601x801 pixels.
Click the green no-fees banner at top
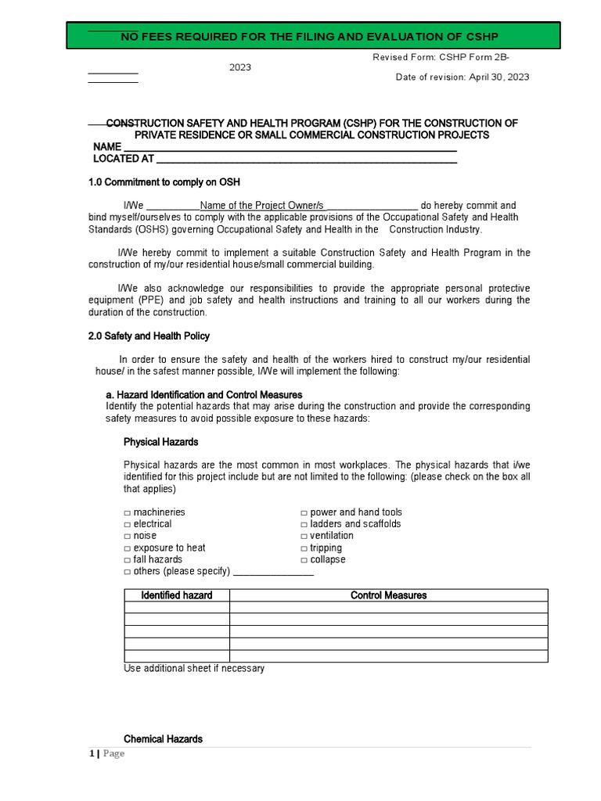click(312, 36)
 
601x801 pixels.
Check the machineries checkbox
click(127, 512)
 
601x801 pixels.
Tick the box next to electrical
click(127, 524)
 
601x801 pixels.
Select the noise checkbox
click(127, 536)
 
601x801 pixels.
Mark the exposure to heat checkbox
click(127, 548)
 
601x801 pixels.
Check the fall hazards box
click(127, 560)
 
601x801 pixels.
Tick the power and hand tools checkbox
click(304, 512)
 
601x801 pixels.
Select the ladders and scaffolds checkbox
click(304, 524)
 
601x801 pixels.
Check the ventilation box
click(304, 536)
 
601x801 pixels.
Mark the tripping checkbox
click(304, 548)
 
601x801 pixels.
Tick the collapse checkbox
click(304, 560)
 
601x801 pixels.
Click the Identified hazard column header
click(176, 595)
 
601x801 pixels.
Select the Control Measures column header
click(388, 595)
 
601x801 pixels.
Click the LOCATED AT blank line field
click(306, 160)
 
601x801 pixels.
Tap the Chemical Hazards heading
click(163, 738)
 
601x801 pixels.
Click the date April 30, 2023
click(499, 77)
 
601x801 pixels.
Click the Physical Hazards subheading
click(160, 442)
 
